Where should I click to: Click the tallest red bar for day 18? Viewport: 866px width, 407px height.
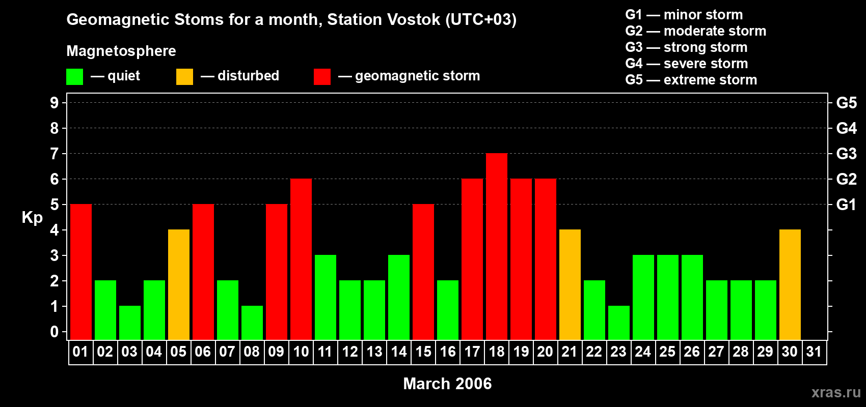pos(497,246)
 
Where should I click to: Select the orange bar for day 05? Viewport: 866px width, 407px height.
pos(179,284)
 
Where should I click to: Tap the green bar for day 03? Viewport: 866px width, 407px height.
pos(130,323)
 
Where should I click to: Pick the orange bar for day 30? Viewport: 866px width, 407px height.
pos(790,284)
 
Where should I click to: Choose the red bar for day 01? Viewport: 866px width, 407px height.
pos(81,272)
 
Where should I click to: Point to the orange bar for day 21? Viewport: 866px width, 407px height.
pos(570,284)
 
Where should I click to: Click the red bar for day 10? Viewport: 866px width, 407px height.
pos(301,259)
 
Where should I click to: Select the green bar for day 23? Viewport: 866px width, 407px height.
pos(619,323)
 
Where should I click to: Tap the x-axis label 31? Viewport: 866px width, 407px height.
pos(814,352)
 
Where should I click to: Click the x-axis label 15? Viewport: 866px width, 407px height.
pos(423,352)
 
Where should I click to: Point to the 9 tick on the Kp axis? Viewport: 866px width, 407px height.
pos(55,103)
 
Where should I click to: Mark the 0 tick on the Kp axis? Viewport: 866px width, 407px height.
pos(55,332)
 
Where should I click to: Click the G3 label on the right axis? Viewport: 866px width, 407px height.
pos(846,154)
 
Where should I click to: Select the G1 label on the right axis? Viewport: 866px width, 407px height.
pos(846,205)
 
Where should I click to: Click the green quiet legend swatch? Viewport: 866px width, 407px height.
pos(75,77)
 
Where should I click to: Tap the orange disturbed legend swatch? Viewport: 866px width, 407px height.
pos(184,77)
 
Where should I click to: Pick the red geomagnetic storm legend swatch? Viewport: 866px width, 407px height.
pos(322,77)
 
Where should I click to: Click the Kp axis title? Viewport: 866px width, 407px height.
pos(32,218)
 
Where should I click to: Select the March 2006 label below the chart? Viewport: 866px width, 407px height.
pos(447,384)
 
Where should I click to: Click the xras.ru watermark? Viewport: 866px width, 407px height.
pos(836,392)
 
